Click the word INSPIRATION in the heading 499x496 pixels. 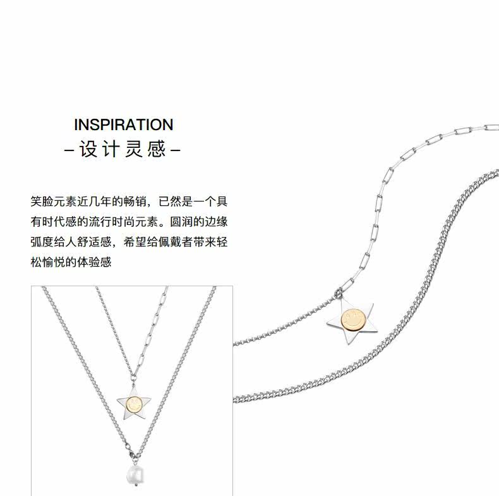[x=123, y=124]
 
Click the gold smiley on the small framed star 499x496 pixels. [x=135, y=404]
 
